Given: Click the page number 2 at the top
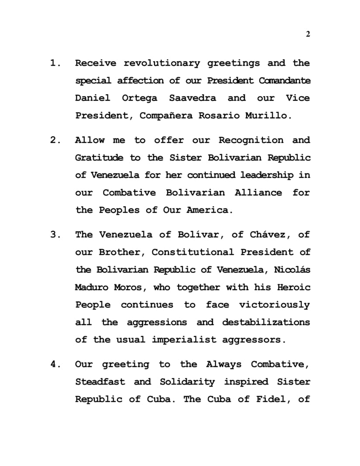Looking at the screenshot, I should pyautogui.click(x=308, y=34).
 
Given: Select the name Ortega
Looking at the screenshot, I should pyautogui.click(x=140, y=98).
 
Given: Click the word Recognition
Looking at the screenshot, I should pyautogui.click(x=251, y=140).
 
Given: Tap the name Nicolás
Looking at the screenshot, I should pyautogui.click(x=292, y=270).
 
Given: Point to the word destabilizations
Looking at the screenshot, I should pyautogui.click(x=266, y=322).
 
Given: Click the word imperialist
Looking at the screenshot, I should pyautogui.click(x=184, y=339).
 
